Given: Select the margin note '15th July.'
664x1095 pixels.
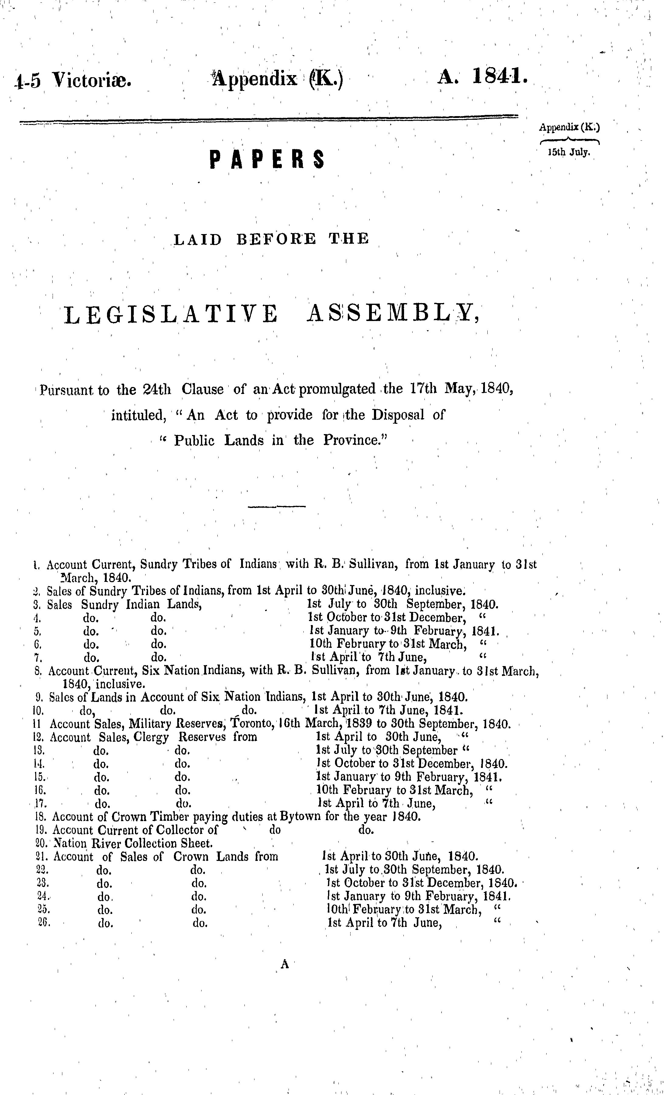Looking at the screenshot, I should point(569,152).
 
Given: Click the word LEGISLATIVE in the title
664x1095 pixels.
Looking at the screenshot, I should point(171,315).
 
